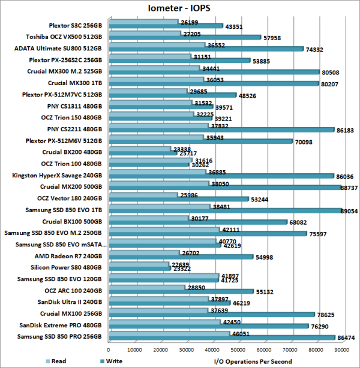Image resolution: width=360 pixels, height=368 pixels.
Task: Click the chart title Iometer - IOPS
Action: coord(179,8)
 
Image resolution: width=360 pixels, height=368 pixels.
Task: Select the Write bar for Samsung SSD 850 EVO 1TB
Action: coord(222,210)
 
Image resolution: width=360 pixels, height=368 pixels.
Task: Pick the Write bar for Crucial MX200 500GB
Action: coord(221,188)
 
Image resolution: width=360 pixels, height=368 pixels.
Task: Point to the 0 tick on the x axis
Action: coord(109,350)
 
